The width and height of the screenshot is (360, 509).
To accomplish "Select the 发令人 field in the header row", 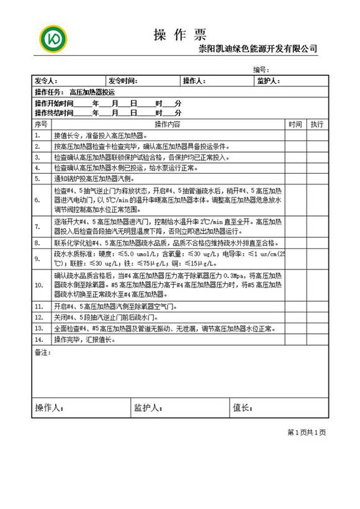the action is tap(46, 81).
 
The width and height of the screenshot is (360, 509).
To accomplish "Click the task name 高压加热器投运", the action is tap(92, 91).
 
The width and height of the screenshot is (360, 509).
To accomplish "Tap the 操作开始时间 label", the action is tap(54, 103).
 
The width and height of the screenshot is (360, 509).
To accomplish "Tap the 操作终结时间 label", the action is tap(54, 114).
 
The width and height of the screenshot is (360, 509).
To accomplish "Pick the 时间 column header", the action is tap(295, 124).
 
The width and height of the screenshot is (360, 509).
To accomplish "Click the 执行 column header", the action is tap(317, 124).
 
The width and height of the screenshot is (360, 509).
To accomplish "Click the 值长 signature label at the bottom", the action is tap(242, 408).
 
